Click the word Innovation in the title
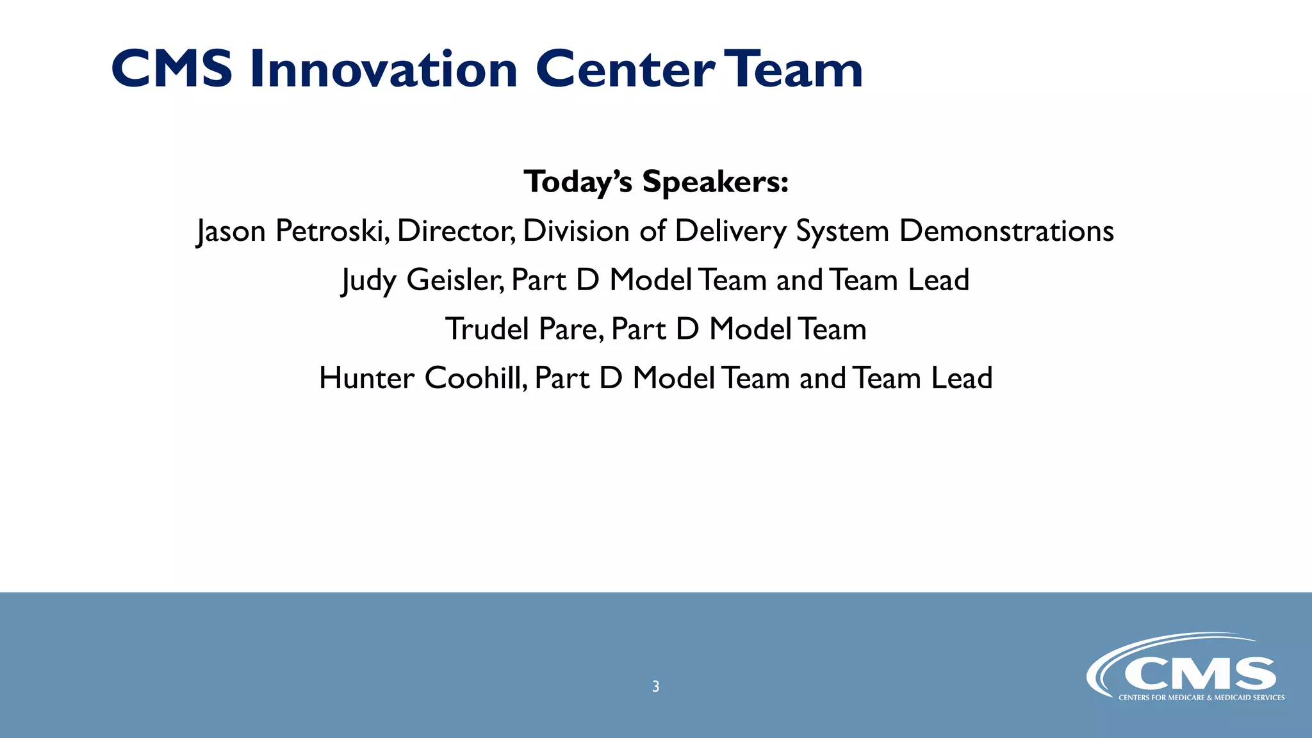(383, 69)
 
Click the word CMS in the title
(172, 69)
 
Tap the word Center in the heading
(625, 69)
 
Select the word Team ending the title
(796, 69)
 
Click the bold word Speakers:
(715, 182)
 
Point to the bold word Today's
(578, 182)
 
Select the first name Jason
(231, 232)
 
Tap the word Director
(455, 231)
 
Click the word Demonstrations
(1006, 231)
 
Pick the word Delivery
(730, 232)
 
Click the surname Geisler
(455, 280)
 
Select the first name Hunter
(366, 378)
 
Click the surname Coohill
(475, 378)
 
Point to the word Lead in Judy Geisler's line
(939, 280)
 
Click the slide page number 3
(655, 687)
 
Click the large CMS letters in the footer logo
(1199, 674)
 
